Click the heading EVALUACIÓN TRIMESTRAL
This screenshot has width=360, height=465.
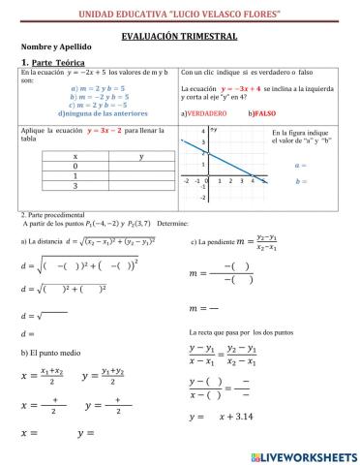180,35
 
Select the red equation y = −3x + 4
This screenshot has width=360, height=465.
250,88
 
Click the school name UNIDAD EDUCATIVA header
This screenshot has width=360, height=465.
180,12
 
